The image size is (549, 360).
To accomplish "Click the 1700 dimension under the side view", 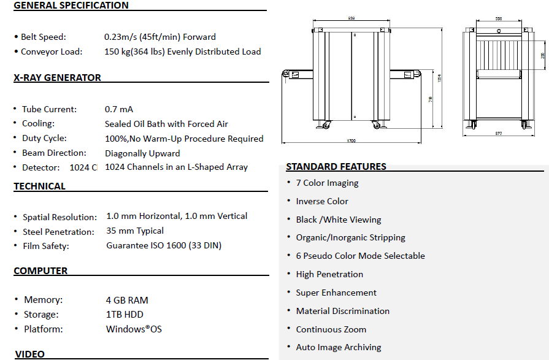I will pos(351,141).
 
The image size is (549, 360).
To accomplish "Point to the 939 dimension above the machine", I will pos(351,18).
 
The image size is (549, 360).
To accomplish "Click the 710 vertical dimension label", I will pos(431,98).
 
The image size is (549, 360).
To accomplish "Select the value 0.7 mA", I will pos(119,109).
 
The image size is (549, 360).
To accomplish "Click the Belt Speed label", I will pos(43,37).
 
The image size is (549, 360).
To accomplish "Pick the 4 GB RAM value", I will pos(127,300).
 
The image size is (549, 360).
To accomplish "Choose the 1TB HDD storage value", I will pos(125,315).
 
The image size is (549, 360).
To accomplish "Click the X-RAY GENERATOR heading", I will pos(57,78).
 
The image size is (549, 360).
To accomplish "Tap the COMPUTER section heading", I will pos(40,270).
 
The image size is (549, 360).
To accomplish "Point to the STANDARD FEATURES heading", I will pos(336,166).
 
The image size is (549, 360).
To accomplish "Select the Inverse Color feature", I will pos(322,201).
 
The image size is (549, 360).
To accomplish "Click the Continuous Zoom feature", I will pos(331,329).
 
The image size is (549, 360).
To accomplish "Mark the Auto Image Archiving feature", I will pos(339,347).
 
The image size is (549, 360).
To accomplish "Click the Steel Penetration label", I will pos(58,232).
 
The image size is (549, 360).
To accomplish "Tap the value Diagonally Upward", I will pos(142,153).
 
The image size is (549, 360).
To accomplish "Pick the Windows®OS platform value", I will pos(134,329).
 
